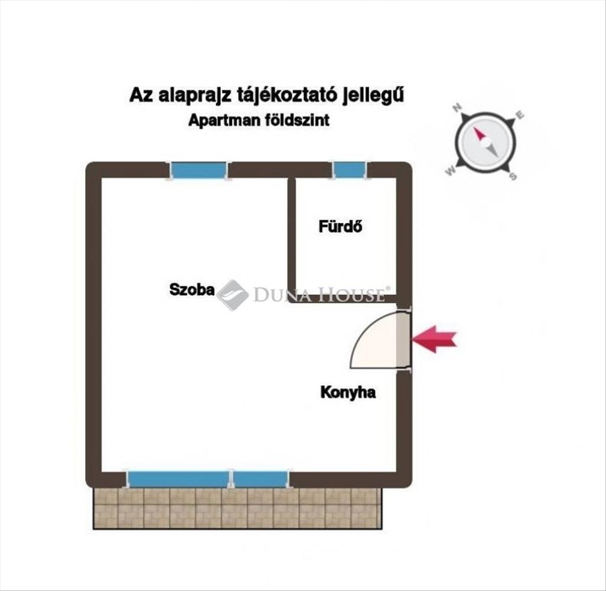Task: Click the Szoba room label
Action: pyautogui.click(x=191, y=290)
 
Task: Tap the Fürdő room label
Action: pyautogui.click(x=340, y=226)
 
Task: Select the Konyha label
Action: pyautogui.click(x=348, y=392)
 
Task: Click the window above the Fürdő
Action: pyautogui.click(x=350, y=170)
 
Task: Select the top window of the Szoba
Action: pyautogui.click(x=199, y=170)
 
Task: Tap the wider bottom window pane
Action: pyautogui.click(x=178, y=479)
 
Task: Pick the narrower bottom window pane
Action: pyautogui.click(x=260, y=479)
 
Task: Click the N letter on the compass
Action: pyautogui.click(x=457, y=108)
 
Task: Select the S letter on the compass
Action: pyautogui.click(x=513, y=176)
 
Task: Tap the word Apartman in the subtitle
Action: pyautogui.click(x=224, y=121)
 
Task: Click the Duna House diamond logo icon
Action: pyautogui.click(x=232, y=294)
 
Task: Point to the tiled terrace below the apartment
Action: pyautogui.click(x=237, y=508)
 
